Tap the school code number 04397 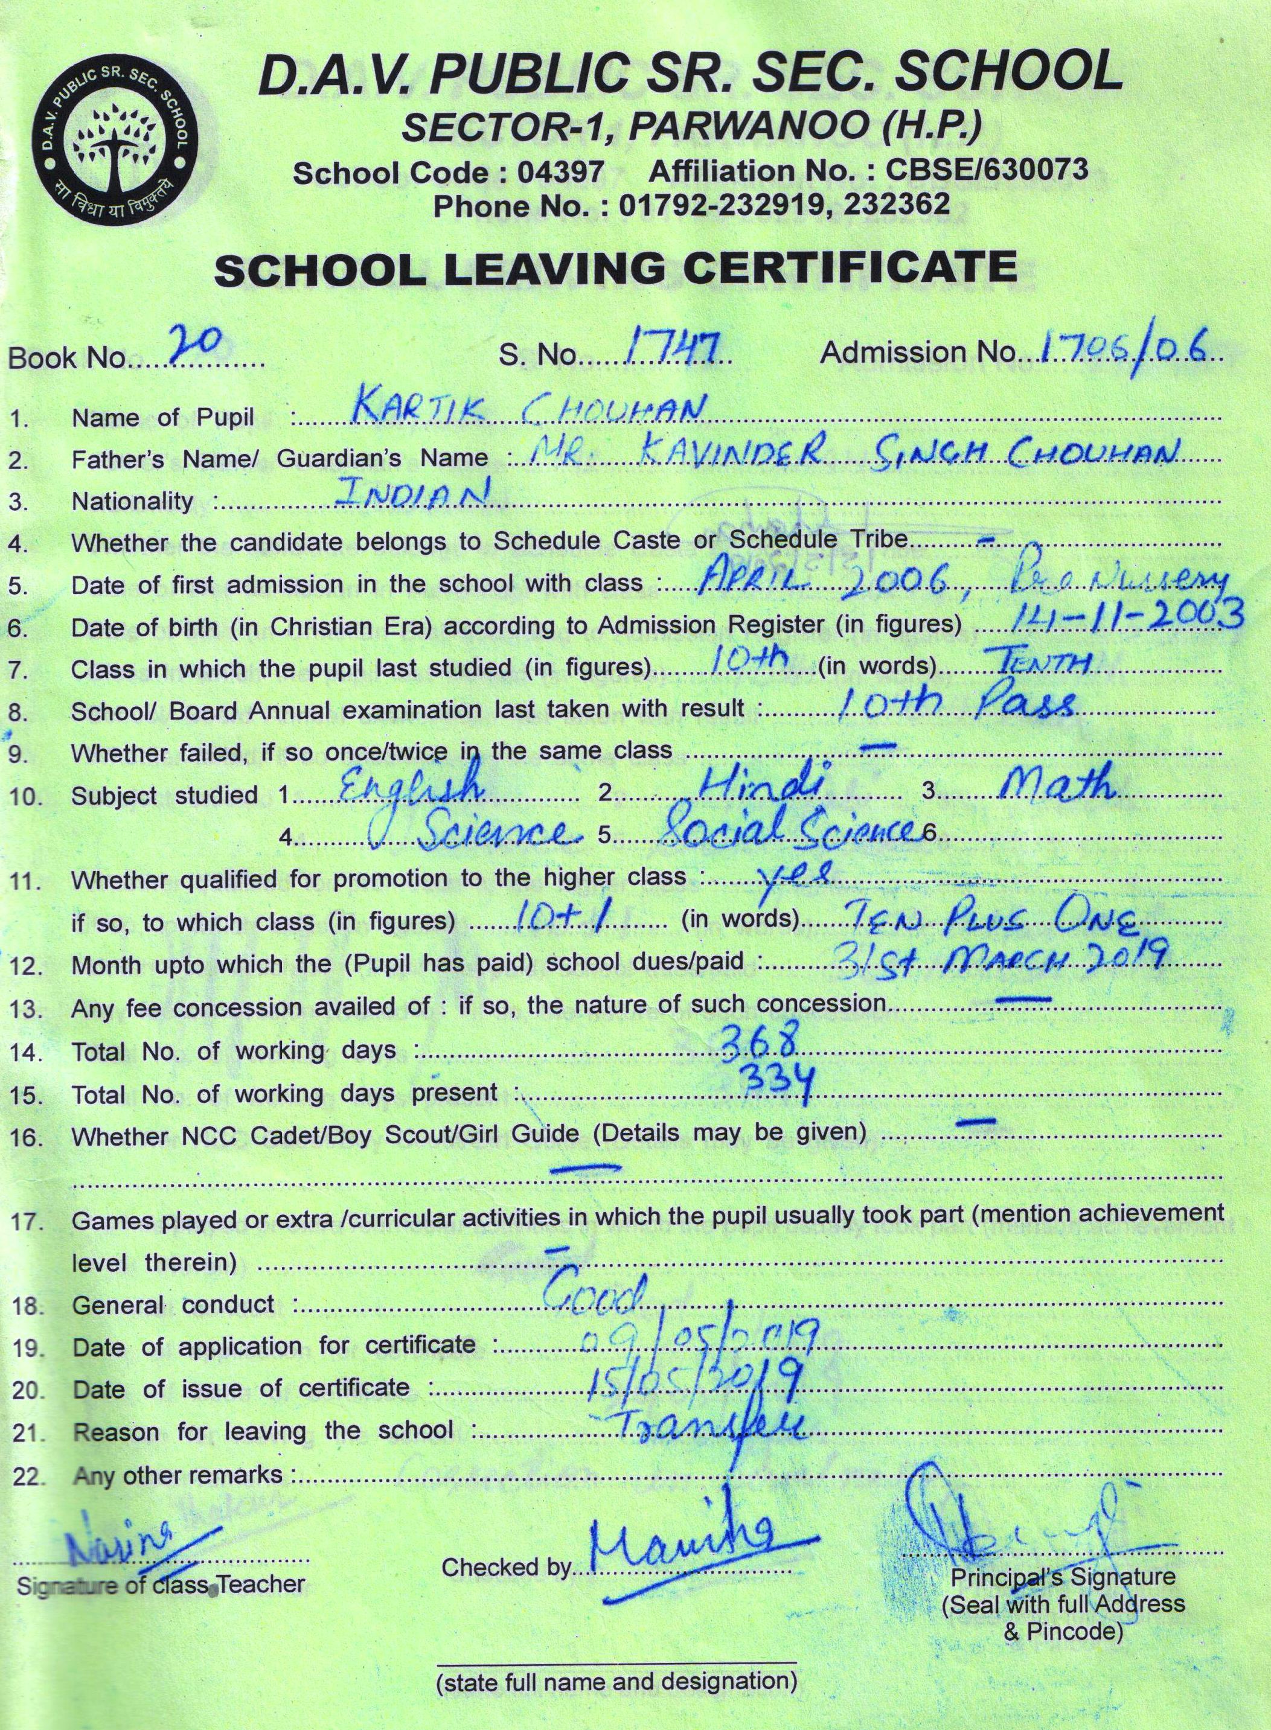[560, 172]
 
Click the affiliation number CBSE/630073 [987, 168]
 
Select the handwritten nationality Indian [414, 493]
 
